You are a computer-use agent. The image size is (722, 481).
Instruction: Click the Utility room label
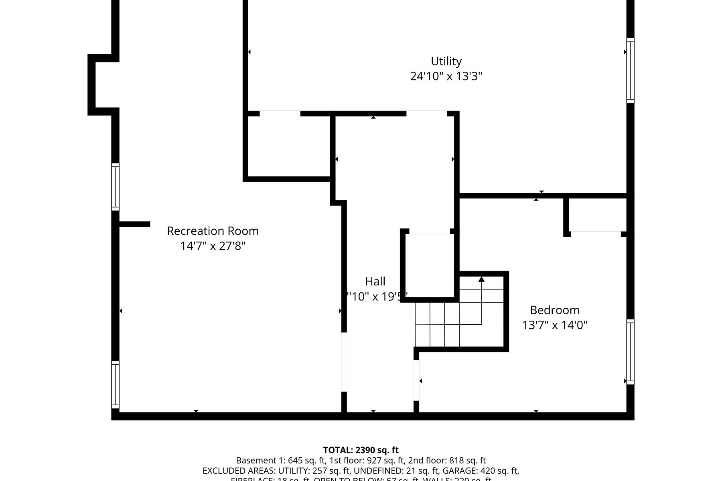(446, 61)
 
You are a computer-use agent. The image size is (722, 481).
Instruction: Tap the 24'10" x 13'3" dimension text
(446, 76)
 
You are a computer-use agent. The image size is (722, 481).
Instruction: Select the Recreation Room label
(213, 231)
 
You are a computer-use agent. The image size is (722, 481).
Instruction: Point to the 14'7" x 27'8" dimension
(213, 246)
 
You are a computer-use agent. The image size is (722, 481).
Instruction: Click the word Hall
(375, 281)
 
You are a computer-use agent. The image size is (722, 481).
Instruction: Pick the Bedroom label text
(555, 310)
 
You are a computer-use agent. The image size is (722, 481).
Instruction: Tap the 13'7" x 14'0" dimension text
(555, 325)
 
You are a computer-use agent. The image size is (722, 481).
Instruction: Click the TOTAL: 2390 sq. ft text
(361, 450)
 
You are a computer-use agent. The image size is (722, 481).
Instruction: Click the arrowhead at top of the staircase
(481, 279)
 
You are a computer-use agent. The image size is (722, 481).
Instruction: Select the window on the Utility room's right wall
(630, 71)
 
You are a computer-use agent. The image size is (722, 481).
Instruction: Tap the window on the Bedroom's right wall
(630, 352)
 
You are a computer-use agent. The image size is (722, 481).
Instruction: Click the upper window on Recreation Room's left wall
(115, 187)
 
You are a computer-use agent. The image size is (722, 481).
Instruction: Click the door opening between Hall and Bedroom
(416, 380)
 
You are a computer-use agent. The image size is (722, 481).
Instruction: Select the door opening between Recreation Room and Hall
(344, 362)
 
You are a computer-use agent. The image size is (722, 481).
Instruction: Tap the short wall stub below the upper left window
(134, 224)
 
